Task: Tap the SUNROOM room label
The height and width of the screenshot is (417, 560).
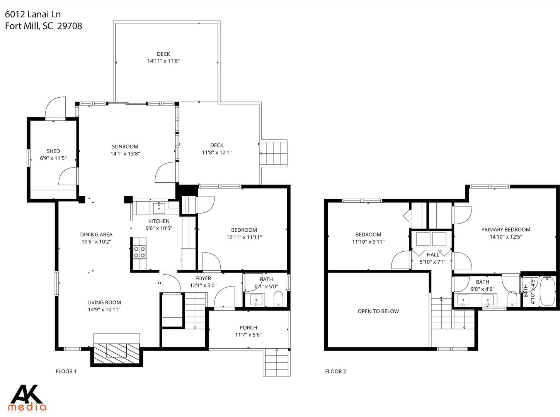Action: [x=125, y=147]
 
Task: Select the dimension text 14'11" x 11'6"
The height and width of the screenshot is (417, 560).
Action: [x=163, y=61]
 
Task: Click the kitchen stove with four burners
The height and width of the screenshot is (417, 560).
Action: [x=140, y=252]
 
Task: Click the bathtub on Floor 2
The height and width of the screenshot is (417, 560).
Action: [x=547, y=292]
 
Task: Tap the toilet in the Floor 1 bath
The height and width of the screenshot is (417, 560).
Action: [x=278, y=299]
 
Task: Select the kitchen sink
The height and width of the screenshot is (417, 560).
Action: [x=159, y=208]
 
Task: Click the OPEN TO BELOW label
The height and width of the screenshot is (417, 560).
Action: [x=378, y=311]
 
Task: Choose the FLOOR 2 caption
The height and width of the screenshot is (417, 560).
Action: [x=335, y=371]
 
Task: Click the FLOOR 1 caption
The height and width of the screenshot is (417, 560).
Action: [x=66, y=371]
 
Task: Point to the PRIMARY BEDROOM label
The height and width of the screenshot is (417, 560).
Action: [x=506, y=229]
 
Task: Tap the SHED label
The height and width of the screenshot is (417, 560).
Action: [x=53, y=151]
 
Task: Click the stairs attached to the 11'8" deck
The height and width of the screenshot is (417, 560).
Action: [x=273, y=153]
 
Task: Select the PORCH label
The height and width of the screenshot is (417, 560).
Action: [x=248, y=327]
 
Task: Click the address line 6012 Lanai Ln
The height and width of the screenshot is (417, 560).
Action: [x=33, y=14]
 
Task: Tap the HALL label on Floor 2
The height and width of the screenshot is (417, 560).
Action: [x=433, y=254]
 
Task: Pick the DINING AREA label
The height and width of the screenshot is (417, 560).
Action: [x=96, y=234]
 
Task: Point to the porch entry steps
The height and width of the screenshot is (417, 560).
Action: [x=277, y=363]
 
